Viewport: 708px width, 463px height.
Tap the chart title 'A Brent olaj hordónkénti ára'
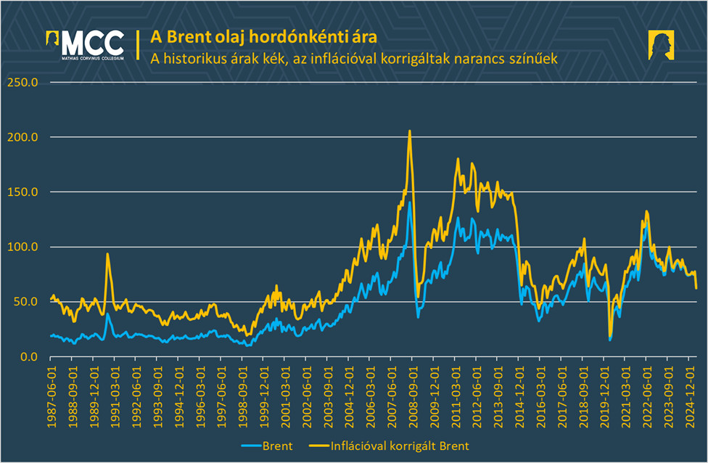pyautogui.click(x=263, y=36)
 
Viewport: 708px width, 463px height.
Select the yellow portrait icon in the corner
pyautogui.click(x=662, y=45)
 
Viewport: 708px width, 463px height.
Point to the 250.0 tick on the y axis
pyautogui.click(x=22, y=82)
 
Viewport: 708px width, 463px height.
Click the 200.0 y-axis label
pyautogui.click(x=22, y=137)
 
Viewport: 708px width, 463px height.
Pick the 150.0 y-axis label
pyautogui.click(x=22, y=192)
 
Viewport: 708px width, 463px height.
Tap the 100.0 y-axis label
pyautogui.click(x=22, y=247)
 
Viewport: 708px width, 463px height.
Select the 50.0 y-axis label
pyautogui.click(x=25, y=302)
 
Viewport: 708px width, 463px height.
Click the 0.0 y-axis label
pyautogui.click(x=28, y=357)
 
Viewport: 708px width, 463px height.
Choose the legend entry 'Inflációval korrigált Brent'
pyautogui.click(x=395, y=445)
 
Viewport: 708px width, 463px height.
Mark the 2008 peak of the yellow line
pyautogui.click(x=410, y=131)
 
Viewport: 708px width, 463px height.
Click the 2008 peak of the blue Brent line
pyautogui.click(x=410, y=202)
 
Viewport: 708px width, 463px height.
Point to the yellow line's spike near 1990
pyautogui.click(x=107, y=254)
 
